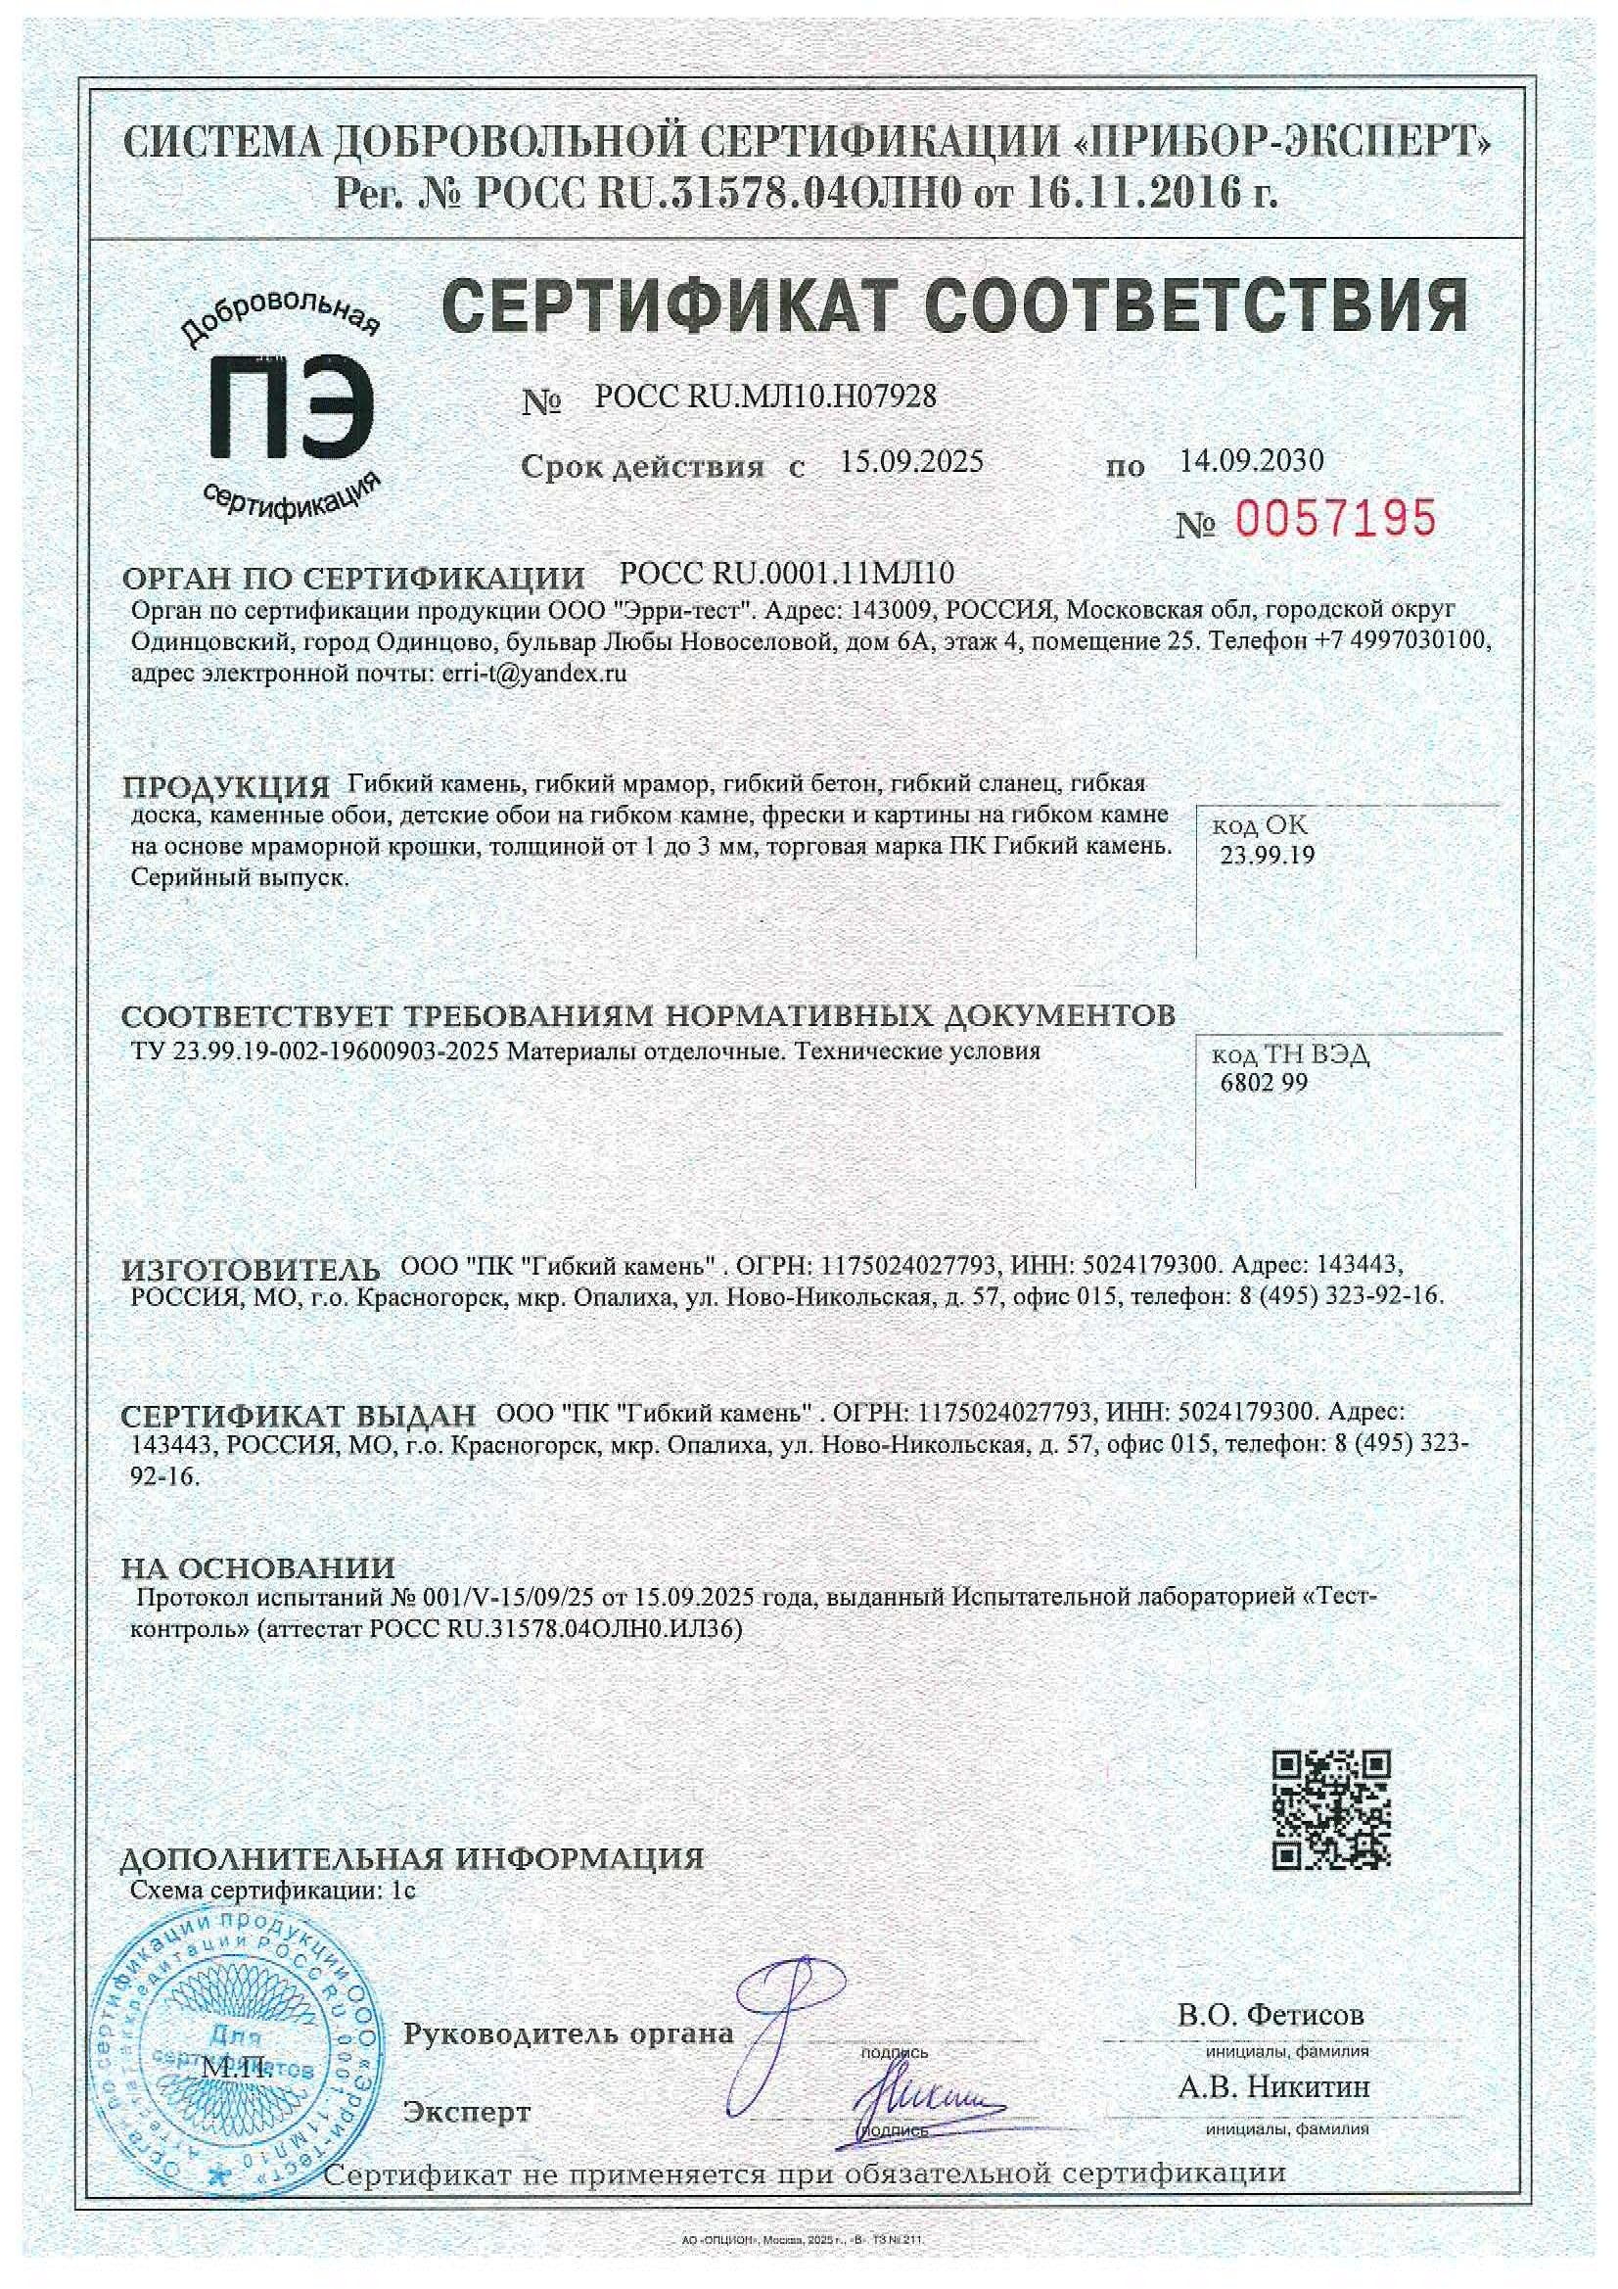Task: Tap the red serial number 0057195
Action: coord(1336,519)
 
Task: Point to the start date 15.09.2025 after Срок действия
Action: coord(911,460)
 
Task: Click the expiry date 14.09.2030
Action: coord(1251,459)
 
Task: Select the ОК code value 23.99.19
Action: coord(1267,855)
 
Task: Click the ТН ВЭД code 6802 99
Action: coord(1263,1083)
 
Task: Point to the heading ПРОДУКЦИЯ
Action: coord(225,786)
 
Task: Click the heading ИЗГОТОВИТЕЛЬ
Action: coord(252,1270)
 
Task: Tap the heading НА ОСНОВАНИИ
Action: coord(258,1567)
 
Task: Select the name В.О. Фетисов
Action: coord(1271,2014)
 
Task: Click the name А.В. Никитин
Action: coord(1273,2085)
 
